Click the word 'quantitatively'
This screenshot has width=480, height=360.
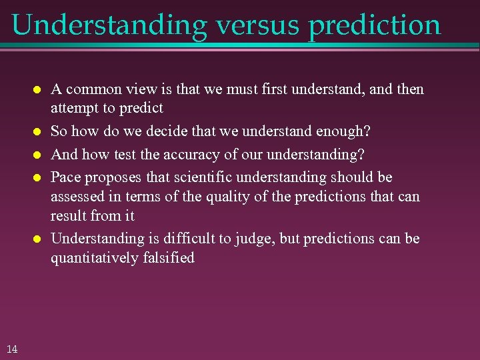point(95,258)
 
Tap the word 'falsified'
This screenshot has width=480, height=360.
point(169,257)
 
